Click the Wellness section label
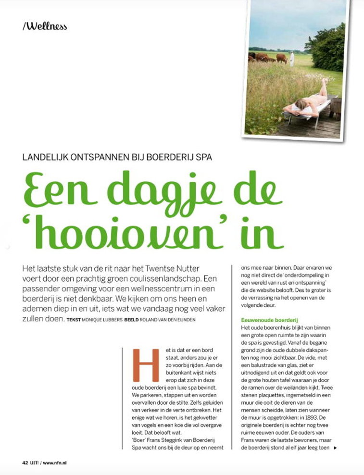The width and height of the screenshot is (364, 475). [45, 26]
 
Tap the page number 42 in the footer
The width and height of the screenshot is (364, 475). [25, 462]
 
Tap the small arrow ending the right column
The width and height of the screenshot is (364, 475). [335, 448]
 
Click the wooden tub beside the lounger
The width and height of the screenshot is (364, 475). [336, 105]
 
